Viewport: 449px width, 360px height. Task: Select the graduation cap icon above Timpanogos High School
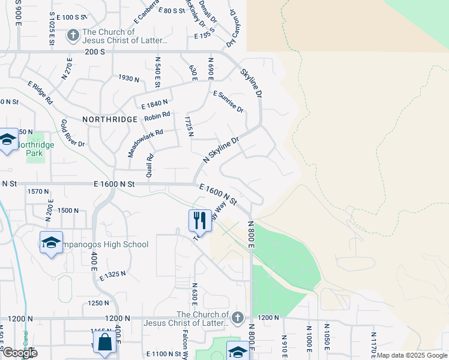52,242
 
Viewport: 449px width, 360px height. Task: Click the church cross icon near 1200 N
238,317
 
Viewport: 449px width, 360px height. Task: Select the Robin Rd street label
157,116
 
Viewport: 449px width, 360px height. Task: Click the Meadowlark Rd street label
145,144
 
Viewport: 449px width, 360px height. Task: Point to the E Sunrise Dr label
229,101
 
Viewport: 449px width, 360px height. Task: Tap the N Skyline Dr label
221,149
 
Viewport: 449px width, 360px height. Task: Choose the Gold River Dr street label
72,133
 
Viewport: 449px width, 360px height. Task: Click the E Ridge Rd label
40,93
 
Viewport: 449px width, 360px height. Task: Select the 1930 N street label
128,79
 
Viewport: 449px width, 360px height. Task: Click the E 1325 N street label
113,275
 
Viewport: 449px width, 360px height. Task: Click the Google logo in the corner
19,353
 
